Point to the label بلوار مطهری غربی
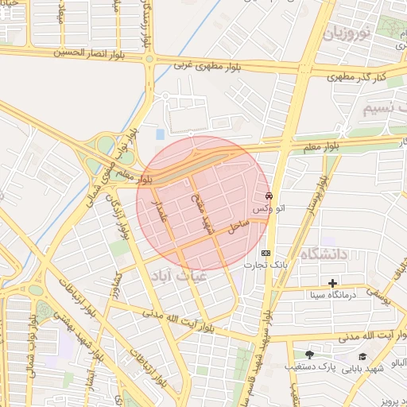[x=205, y=64]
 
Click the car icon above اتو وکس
[x=269, y=196]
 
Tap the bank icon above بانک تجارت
[x=266, y=253]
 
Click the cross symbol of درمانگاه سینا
[x=332, y=283]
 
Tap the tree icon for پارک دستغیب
[x=308, y=355]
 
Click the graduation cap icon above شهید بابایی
[x=363, y=356]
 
